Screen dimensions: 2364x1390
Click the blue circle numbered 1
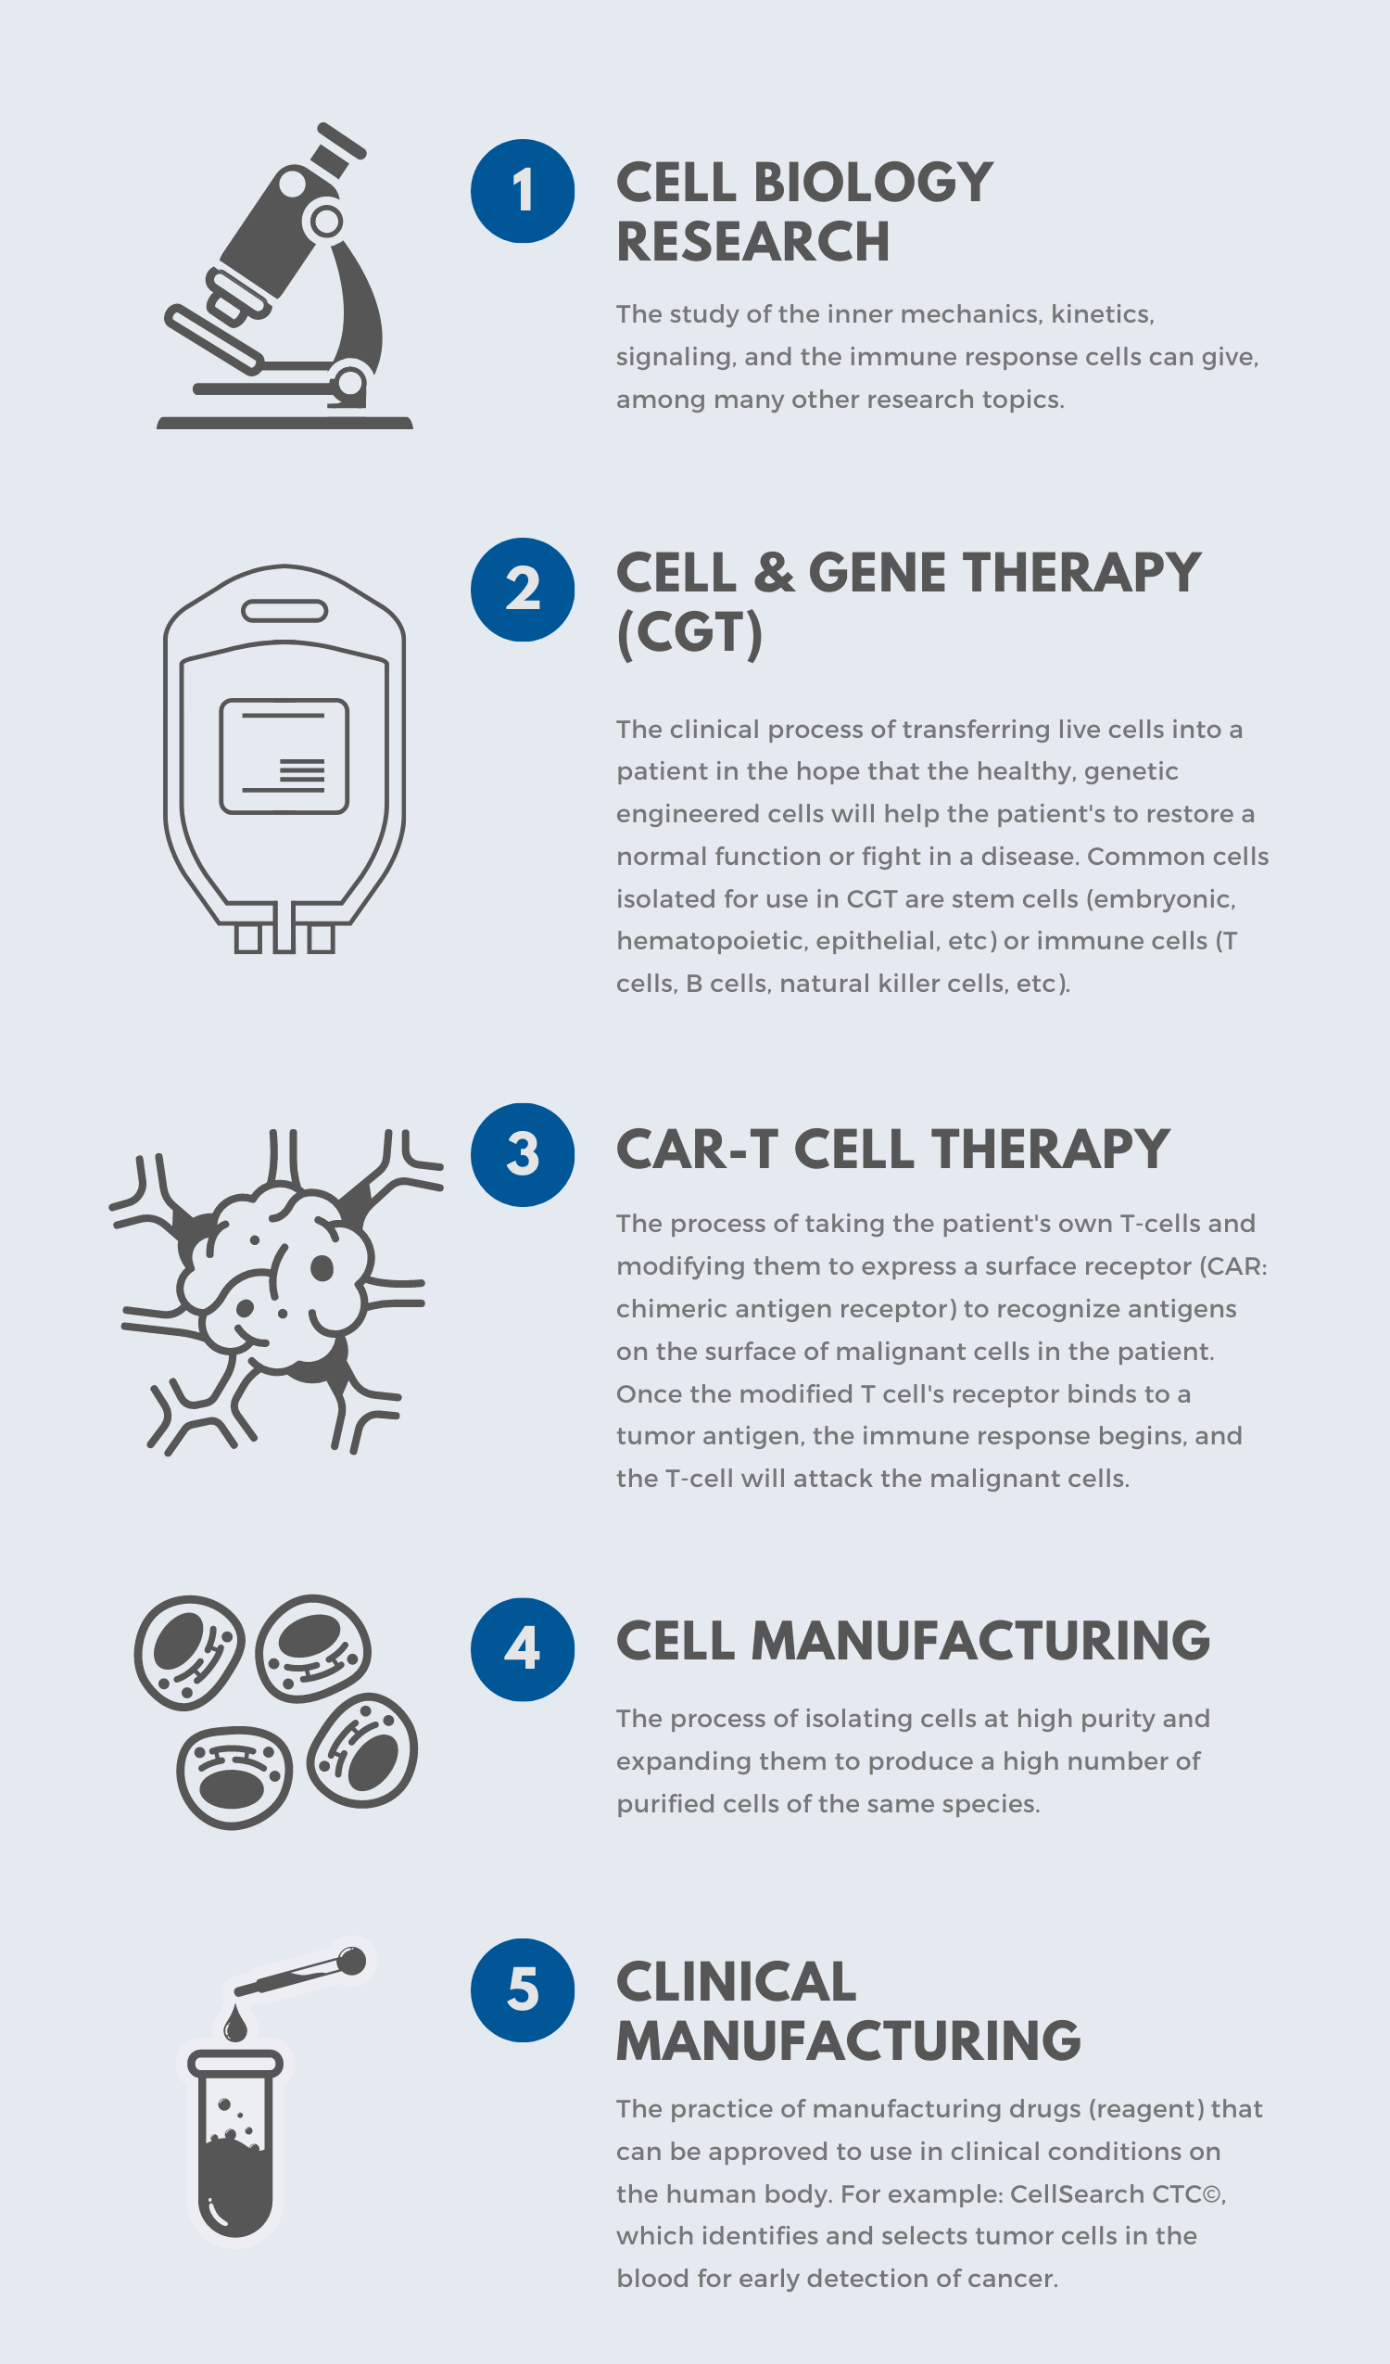click(523, 191)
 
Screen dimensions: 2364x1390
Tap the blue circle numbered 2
click(523, 589)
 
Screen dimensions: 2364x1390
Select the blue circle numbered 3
click(523, 1155)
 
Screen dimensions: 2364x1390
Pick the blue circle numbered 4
click(523, 1649)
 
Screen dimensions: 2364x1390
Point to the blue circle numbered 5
click(523, 1989)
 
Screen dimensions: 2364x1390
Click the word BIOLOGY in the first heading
click(872, 182)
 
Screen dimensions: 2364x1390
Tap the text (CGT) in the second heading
click(689, 632)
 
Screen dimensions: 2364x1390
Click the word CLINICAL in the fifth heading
click(737, 1982)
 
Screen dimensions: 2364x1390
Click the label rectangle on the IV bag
click(284, 756)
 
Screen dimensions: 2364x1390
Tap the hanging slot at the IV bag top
click(284, 612)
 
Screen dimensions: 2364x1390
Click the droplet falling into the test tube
click(235, 2026)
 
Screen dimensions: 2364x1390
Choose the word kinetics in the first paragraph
click(1101, 314)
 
